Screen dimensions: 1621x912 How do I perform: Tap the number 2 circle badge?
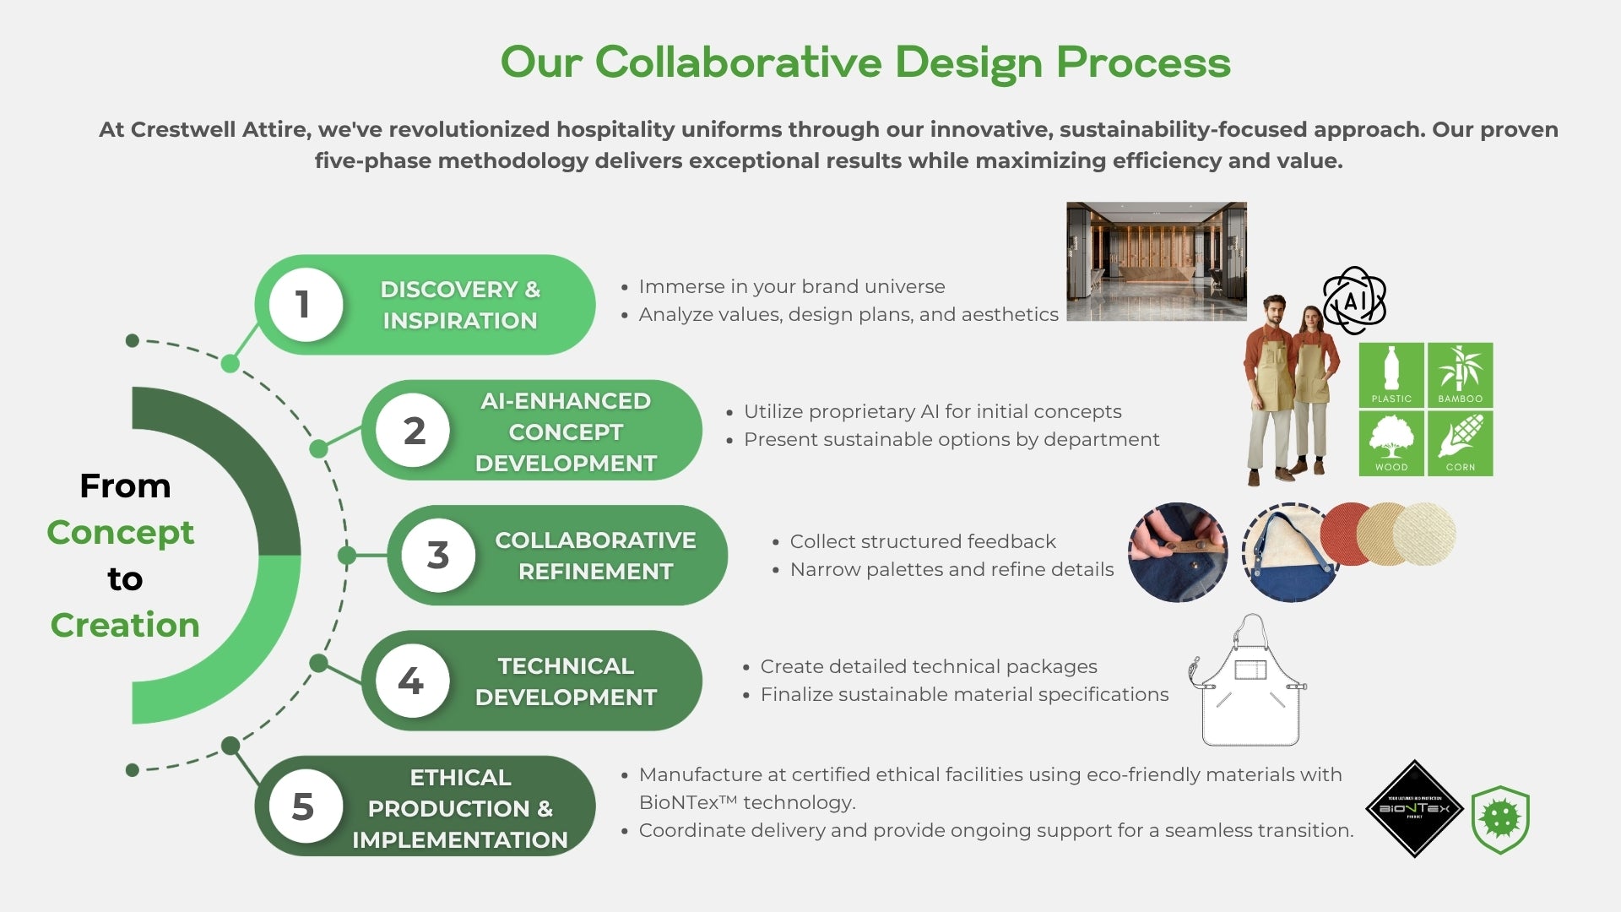[413, 430]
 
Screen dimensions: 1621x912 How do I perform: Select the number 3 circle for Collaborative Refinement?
[438, 555]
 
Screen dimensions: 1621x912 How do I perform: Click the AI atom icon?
[1355, 301]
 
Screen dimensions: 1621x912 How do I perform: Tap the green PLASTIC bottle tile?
[1391, 375]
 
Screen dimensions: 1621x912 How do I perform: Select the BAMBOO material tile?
[1461, 375]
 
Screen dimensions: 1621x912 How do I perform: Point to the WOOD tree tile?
[1391, 443]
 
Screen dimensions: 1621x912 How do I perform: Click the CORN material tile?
[1461, 443]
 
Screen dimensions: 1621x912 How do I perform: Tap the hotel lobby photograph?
[1157, 262]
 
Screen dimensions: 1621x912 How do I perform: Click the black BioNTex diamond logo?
[1415, 809]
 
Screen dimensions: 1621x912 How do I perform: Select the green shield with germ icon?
[1500, 819]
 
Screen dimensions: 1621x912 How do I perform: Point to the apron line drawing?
[1248, 681]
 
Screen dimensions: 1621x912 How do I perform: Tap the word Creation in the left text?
[125, 625]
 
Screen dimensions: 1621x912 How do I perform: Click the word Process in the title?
[1143, 62]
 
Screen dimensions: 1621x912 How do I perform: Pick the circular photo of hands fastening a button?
[1178, 552]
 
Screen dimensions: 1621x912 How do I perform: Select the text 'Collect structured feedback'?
[923, 541]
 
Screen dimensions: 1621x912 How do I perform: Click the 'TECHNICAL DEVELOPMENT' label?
[566, 681]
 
